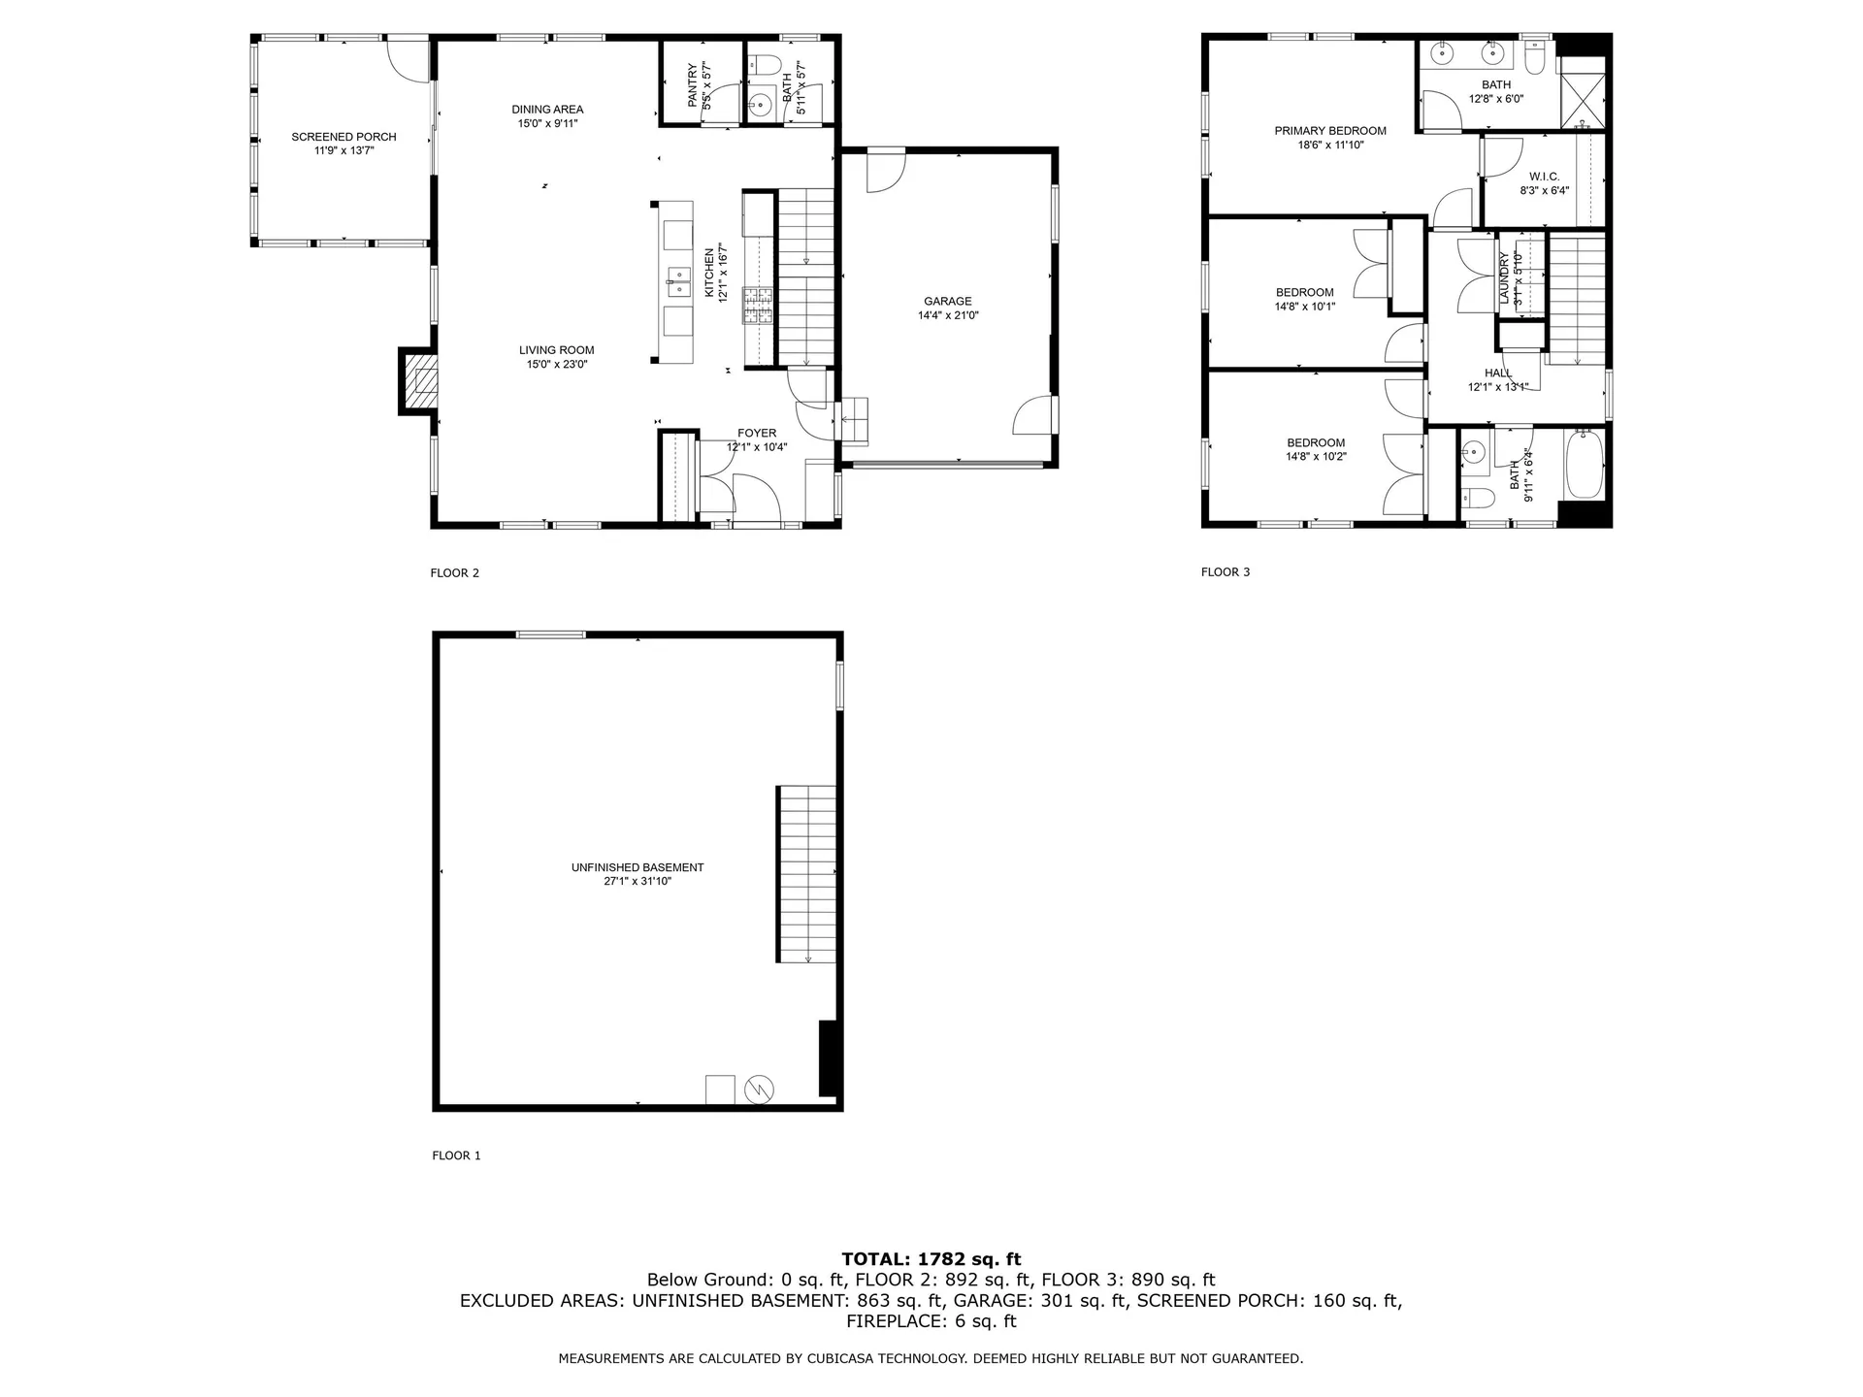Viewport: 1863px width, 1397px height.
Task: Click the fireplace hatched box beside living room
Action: [x=421, y=381]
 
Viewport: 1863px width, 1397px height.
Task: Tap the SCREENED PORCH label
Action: [x=343, y=137]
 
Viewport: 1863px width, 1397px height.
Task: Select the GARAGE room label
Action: [x=947, y=302]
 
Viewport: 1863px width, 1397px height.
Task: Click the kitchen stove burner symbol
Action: [x=758, y=305]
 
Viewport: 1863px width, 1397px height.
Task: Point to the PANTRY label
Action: [x=693, y=85]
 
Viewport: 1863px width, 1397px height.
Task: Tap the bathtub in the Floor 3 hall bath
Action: [x=1584, y=465]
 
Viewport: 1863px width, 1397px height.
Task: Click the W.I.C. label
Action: [x=1544, y=177]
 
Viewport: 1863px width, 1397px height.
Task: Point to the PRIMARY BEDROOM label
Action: [x=1329, y=131]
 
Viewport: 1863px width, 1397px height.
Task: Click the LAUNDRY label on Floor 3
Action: [x=1505, y=278]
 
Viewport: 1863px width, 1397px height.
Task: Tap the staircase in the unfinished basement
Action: [x=806, y=873]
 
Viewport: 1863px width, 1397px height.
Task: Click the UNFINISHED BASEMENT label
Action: [x=637, y=867]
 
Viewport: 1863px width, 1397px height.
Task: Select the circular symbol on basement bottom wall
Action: [x=758, y=1089]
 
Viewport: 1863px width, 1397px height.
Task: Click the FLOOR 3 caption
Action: [x=1226, y=572]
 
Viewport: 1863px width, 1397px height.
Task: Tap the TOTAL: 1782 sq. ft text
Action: [x=931, y=1259]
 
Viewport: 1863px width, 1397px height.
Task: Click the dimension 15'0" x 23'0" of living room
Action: [x=557, y=365]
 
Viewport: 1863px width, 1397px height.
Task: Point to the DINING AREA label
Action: [x=547, y=110]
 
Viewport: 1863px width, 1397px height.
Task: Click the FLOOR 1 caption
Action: [x=456, y=1155]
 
